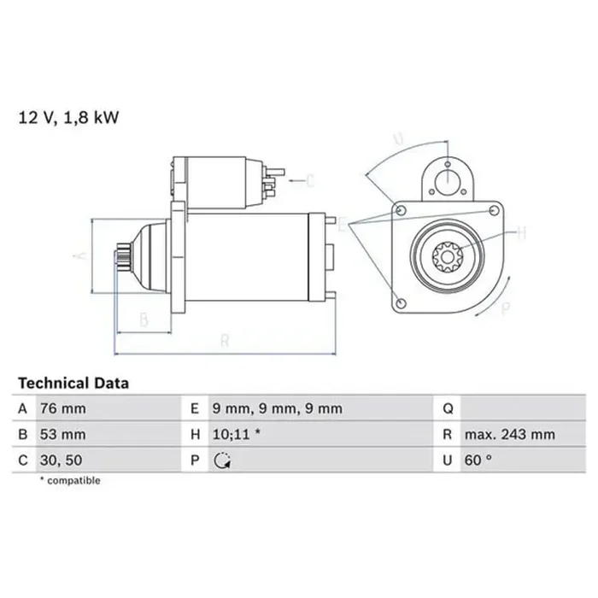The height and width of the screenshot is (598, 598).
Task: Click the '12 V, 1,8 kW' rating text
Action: [68, 117]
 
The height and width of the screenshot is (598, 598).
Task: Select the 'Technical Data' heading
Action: [73, 384]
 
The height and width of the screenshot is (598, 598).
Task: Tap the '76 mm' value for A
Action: [63, 408]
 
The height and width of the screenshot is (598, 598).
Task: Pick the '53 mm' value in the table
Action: [63, 434]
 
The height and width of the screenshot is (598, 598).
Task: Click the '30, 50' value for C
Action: [61, 460]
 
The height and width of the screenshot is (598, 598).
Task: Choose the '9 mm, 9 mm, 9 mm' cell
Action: [277, 408]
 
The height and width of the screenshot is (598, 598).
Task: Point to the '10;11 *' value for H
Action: [237, 434]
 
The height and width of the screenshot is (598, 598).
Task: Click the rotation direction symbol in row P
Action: [222, 460]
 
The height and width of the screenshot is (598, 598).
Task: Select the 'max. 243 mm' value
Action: [510, 434]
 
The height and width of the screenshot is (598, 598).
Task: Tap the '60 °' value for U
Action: [479, 460]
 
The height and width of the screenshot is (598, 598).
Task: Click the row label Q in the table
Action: [447, 408]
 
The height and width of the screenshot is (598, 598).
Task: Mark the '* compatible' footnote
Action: [70, 481]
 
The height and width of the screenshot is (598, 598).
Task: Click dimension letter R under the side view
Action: [225, 341]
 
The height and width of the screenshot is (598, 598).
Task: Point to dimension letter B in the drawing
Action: [144, 320]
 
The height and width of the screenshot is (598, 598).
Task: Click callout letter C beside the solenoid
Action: [310, 180]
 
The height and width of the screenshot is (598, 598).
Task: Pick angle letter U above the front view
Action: [398, 138]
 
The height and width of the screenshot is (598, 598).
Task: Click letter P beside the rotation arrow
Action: [505, 308]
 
